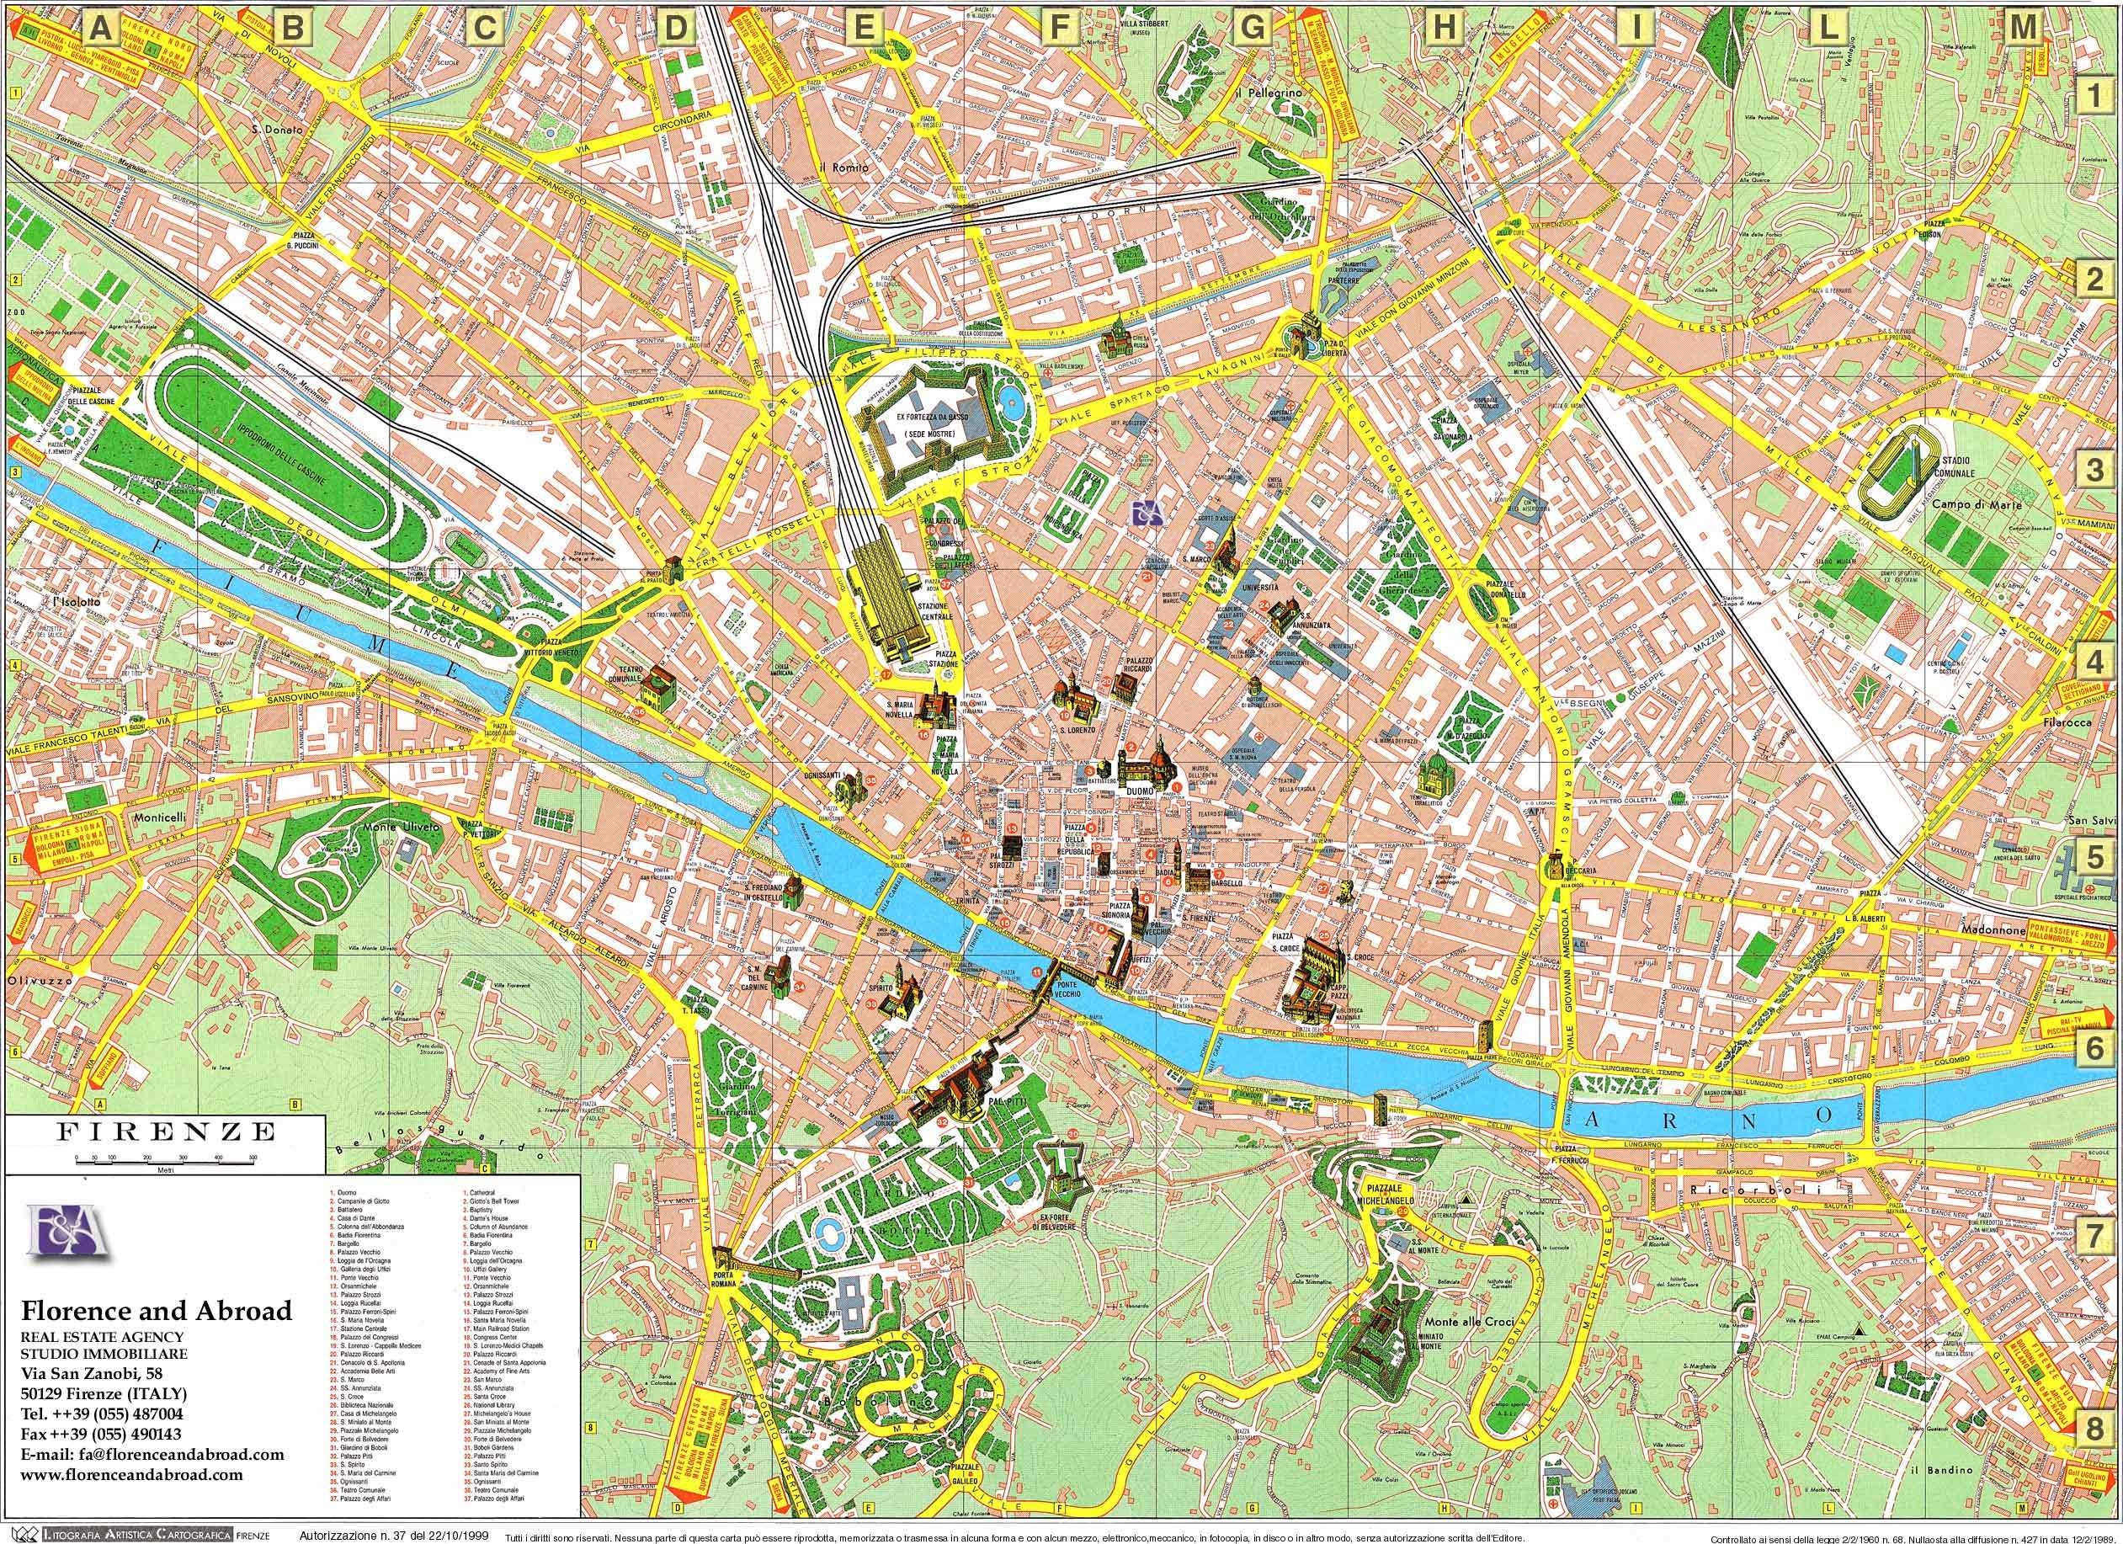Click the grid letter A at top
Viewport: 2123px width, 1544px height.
(101, 29)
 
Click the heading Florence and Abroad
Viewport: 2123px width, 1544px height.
(157, 1310)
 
